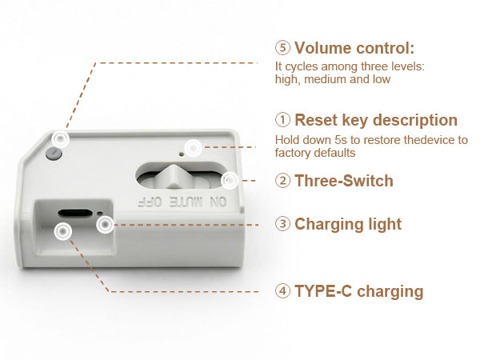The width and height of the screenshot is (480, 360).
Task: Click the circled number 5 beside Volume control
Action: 282,47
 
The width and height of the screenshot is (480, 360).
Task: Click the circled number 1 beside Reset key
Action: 282,121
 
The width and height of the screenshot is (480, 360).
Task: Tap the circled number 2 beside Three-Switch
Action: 282,181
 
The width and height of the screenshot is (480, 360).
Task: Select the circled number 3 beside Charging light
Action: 282,224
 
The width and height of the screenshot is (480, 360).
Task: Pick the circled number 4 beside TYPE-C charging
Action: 282,291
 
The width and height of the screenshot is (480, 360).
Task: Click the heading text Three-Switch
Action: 344,181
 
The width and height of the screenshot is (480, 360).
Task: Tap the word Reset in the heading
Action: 316,121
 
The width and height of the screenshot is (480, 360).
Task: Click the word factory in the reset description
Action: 293,152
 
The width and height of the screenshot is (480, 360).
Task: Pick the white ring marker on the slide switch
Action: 230,180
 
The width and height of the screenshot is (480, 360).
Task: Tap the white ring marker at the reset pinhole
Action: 192,147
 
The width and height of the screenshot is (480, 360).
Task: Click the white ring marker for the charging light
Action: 105,225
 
